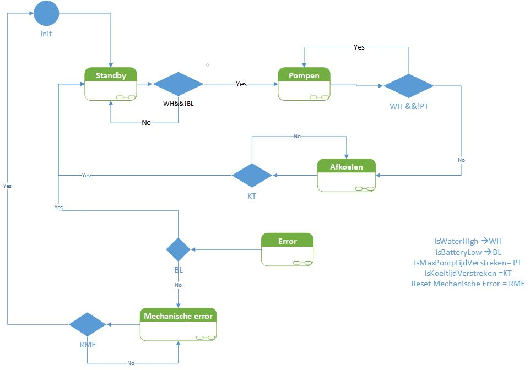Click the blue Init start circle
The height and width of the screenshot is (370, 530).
click(x=46, y=13)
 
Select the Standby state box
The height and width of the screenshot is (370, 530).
click(x=111, y=84)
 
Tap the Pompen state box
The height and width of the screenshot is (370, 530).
click(x=304, y=84)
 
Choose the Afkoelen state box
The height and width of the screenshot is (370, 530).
click(x=347, y=175)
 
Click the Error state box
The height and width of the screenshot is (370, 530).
click(x=287, y=249)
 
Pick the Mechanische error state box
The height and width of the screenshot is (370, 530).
click(x=179, y=324)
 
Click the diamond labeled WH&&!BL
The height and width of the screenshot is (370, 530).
click(x=178, y=84)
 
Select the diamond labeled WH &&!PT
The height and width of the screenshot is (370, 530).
click(x=408, y=86)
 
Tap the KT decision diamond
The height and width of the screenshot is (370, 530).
click(x=252, y=176)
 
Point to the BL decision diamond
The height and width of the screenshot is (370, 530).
click(x=179, y=249)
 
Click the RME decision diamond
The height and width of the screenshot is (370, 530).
click(x=88, y=324)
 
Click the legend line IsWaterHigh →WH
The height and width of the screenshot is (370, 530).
click(x=468, y=241)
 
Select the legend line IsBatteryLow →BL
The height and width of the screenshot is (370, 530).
click(x=468, y=252)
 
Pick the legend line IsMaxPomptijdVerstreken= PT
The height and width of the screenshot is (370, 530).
click(x=468, y=263)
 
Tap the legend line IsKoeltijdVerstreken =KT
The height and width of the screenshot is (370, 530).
click(x=468, y=273)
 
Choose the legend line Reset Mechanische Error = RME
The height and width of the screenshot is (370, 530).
click(x=468, y=284)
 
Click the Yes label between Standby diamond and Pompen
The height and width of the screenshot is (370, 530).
click(x=241, y=84)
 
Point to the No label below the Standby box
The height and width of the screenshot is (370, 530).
click(x=146, y=123)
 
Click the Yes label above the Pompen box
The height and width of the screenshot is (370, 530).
click(x=359, y=47)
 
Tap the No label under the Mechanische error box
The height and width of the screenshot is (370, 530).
click(x=131, y=363)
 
